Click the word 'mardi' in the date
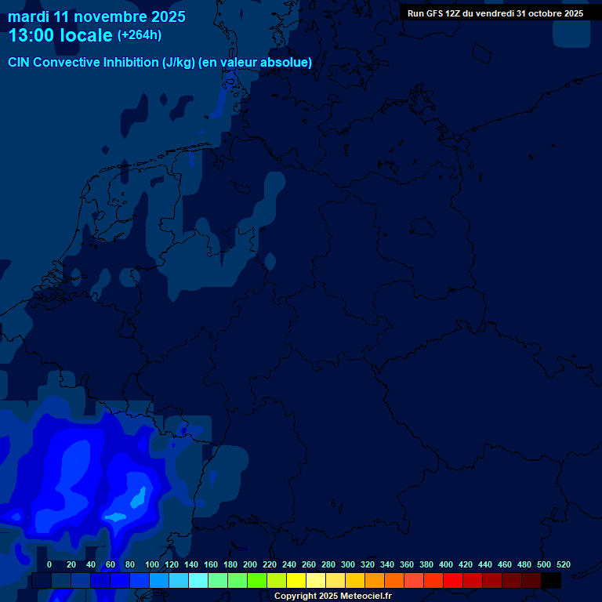[x=28, y=16]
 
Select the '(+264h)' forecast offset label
[x=140, y=35]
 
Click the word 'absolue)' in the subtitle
[x=286, y=63]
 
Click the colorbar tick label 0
[x=49, y=564]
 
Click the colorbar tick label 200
[x=250, y=564]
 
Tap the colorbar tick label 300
[x=348, y=564]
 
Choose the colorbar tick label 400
[x=446, y=564]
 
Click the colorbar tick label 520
[x=563, y=564]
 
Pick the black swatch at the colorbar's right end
[x=551, y=581]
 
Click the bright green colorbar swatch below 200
[x=257, y=581]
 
